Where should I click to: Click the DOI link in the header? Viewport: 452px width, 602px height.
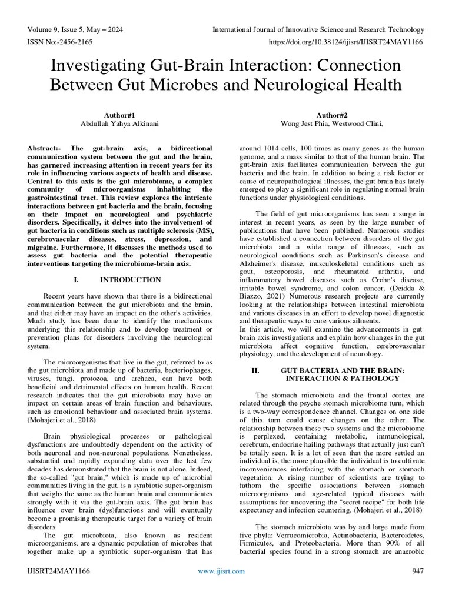click(346, 42)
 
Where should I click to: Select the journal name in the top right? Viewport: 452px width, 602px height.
click(318, 29)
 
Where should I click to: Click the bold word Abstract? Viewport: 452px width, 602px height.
click(45, 149)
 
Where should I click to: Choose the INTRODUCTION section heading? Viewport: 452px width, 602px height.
click(130, 280)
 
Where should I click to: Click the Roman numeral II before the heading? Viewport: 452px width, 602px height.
click(255, 370)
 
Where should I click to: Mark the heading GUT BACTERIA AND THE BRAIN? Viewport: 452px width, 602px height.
click(342, 370)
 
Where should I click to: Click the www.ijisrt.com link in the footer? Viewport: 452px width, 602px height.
click(221, 571)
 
